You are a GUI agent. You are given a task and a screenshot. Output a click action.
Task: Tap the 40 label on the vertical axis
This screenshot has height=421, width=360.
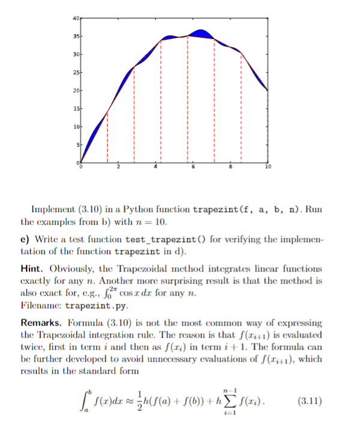coord(76,19)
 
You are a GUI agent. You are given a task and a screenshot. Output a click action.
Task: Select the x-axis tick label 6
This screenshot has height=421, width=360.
coord(194,166)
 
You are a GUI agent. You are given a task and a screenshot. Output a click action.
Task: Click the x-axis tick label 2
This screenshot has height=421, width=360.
coord(118,166)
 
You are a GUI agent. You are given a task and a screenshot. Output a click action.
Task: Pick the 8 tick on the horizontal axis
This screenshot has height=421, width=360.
coord(231,166)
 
